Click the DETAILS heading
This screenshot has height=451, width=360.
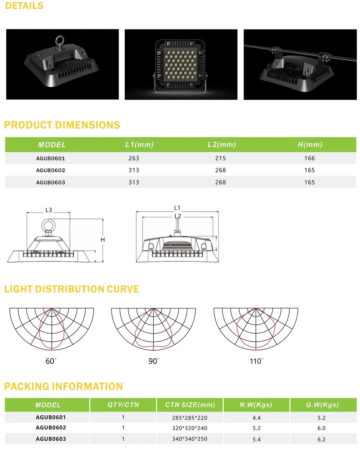tap(24, 6)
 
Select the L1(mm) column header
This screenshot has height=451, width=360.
tap(139, 145)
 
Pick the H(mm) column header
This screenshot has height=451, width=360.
tap(310, 145)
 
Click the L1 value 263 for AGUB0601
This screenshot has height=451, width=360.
tap(134, 158)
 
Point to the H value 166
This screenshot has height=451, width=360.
tap(309, 158)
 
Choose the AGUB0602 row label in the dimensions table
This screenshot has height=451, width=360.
tap(51, 170)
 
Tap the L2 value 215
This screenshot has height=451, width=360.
tap(220, 158)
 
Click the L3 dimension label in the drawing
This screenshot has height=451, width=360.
tap(49, 210)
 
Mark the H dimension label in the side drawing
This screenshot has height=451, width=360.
tap(103, 240)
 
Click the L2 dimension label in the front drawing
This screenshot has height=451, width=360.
tap(178, 216)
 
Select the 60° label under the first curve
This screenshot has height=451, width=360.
tap(51, 361)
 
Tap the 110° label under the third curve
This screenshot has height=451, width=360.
tap(256, 361)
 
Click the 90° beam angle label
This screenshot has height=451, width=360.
tap(154, 361)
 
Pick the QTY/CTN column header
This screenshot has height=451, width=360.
tap(123, 405)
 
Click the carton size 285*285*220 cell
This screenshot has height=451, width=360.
tap(190, 418)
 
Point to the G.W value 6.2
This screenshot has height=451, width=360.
tap(321, 439)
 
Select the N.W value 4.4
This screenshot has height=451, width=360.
tap(256, 418)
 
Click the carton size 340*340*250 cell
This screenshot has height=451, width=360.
tap(190, 439)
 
